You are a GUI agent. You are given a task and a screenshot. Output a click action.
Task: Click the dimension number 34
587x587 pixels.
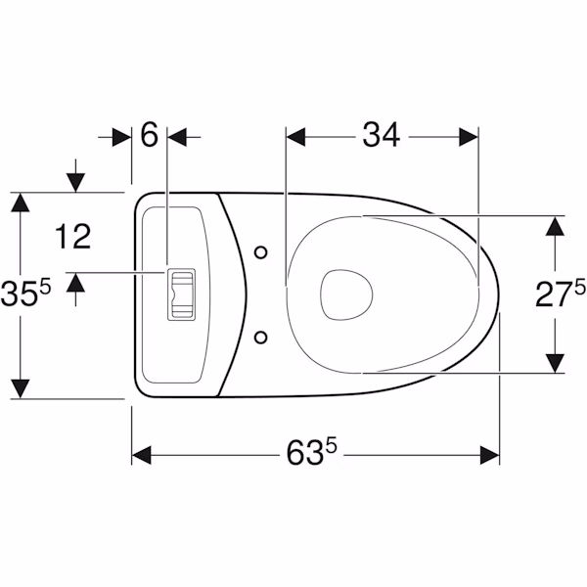pyautogui.click(x=382, y=135)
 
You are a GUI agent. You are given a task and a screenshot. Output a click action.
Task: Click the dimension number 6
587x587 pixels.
pyautogui.click(x=149, y=135)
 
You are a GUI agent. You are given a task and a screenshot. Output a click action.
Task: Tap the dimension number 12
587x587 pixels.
pyautogui.click(x=73, y=237)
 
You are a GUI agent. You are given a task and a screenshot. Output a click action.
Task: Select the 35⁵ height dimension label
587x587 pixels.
pyautogui.click(x=25, y=293)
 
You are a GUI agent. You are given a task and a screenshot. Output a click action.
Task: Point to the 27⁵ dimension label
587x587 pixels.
pyautogui.click(x=561, y=294)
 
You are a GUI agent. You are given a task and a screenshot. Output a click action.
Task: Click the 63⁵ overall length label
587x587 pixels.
pyautogui.click(x=312, y=452)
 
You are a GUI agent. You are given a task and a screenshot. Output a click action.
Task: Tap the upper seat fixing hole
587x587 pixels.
pyautogui.click(x=260, y=252)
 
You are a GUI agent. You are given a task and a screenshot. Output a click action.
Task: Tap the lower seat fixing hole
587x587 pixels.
pyautogui.click(x=260, y=338)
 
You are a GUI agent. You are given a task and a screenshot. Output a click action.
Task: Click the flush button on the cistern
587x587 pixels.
pyautogui.click(x=181, y=294)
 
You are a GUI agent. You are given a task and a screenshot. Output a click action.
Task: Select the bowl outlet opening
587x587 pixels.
pyautogui.click(x=346, y=295)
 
